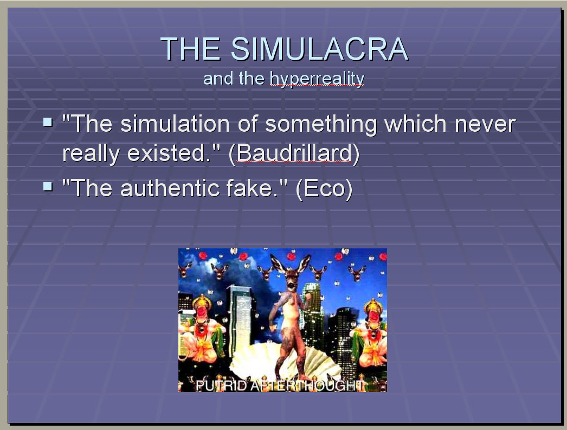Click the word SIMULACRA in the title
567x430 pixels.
pyautogui.click(x=320, y=49)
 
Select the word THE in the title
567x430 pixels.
pyautogui.click(x=191, y=49)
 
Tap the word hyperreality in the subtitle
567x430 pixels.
pyautogui.click(x=317, y=79)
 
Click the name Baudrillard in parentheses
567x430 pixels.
pyautogui.click(x=294, y=153)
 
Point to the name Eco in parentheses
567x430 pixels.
pyautogui.click(x=324, y=188)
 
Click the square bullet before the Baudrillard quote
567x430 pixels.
pyautogui.click(x=48, y=121)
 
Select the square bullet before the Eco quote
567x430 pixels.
pyautogui.click(x=48, y=186)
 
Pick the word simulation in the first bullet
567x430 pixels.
pyautogui.click(x=175, y=124)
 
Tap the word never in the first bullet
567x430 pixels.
pyautogui.click(x=485, y=124)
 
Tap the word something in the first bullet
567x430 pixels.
pyautogui.click(x=321, y=124)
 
